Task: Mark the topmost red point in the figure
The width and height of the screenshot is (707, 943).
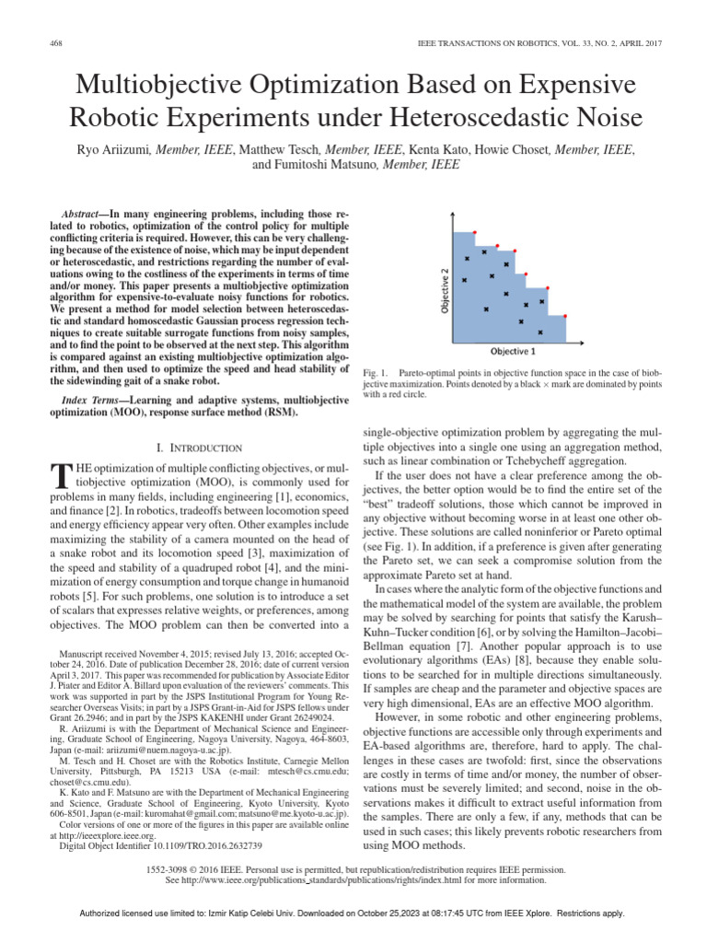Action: pos(474,232)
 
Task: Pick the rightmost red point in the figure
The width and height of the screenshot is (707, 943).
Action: pos(564,313)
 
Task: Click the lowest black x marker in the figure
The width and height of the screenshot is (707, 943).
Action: pos(539,331)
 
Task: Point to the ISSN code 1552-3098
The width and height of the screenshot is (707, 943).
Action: pos(168,868)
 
